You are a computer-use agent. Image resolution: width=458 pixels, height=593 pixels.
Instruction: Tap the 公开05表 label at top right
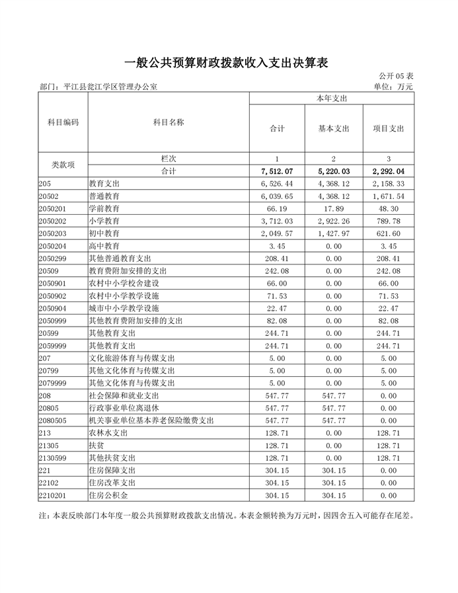[396, 77]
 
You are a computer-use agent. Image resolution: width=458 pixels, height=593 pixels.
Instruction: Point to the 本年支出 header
[332, 98]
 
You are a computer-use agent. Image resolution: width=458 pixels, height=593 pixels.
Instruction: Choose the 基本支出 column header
[333, 128]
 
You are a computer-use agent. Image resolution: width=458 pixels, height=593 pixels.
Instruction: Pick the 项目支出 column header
[388, 128]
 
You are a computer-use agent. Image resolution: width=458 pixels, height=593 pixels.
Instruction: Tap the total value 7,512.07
[276, 171]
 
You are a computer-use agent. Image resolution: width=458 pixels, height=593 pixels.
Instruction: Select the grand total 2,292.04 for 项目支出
[388, 171]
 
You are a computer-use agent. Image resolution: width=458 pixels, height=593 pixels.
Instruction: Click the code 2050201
[54, 208]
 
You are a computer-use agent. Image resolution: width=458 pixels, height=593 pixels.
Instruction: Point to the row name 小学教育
[104, 221]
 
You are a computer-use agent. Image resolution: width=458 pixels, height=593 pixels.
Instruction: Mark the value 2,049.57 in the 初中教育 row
[276, 233]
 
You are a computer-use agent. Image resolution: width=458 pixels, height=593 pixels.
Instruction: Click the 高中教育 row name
[104, 246]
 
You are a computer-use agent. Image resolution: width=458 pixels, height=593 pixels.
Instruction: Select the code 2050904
[54, 308]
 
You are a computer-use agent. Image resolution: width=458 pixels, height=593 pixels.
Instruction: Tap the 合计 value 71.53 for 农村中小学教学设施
[276, 296]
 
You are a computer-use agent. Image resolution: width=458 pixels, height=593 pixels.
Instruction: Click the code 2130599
[54, 457]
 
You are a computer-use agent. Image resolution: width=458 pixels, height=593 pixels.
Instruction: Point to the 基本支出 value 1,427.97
[333, 233]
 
